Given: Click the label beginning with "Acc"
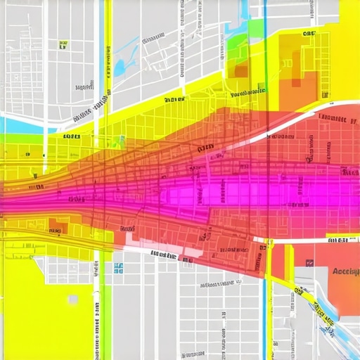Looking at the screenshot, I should pos(345,271).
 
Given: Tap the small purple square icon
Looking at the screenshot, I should pos(309,263).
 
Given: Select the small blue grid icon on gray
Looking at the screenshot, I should pos(118,268).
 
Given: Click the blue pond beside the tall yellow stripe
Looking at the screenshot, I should pos(120,67).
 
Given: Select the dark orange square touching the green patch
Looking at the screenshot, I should pos(240,70).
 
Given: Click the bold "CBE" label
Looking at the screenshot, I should pos(307,33).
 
